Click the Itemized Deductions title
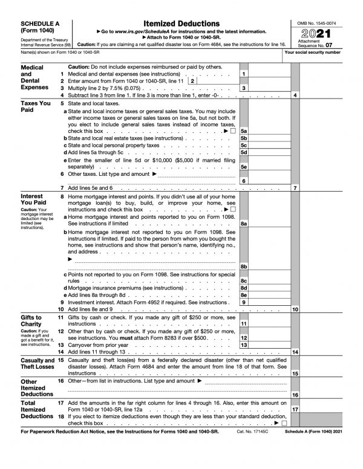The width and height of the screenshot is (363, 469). click(x=180, y=21)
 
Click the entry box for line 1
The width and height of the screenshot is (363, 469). click(x=264, y=74)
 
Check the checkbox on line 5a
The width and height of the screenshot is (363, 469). click(x=232, y=131)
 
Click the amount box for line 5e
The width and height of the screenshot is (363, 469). click(x=264, y=167)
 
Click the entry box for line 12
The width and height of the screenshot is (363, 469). click(x=264, y=338)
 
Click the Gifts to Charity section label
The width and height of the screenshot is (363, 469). click(x=31, y=320)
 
